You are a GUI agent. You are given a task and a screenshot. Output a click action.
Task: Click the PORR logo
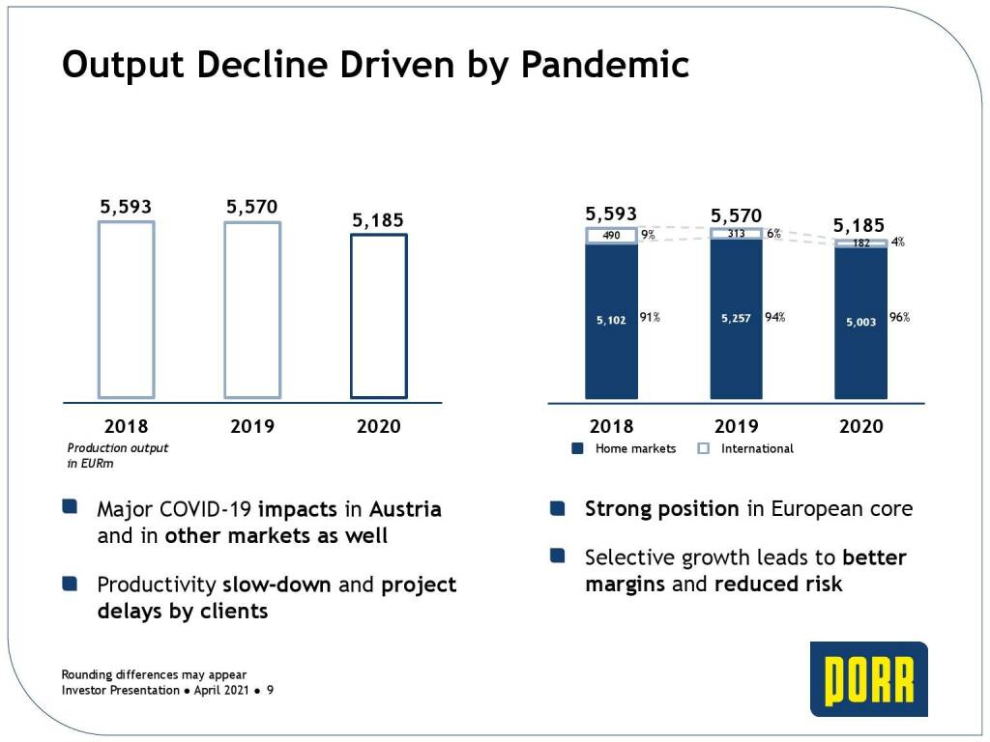tap(868, 679)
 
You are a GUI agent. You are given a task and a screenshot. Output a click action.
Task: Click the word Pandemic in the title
tap(605, 65)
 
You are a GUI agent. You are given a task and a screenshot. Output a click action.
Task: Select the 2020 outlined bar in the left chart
tap(378, 315)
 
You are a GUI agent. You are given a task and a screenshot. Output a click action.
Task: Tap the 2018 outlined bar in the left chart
tap(126, 309)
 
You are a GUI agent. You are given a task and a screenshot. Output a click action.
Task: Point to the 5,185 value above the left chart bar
tap(378, 220)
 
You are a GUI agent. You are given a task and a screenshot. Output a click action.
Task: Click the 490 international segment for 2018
tap(611, 235)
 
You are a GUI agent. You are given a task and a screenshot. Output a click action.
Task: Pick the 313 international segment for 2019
tap(737, 233)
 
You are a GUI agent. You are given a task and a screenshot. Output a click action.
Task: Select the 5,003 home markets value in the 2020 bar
tap(860, 322)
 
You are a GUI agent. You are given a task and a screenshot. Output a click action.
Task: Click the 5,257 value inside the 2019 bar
tap(737, 318)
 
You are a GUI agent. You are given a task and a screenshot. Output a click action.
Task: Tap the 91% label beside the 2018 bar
tap(650, 318)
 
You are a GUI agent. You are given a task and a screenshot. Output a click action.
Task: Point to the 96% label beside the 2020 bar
tap(899, 318)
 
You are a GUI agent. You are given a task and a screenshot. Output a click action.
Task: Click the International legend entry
tap(745, 448)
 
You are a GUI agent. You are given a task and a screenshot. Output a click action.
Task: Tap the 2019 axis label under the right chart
tap(737, 426)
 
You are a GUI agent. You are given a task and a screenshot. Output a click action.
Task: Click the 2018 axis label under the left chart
tap(126, 426)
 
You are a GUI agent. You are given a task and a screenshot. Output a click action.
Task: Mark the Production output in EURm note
tap(117, 455)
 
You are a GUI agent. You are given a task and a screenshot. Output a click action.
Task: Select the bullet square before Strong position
tap(557, 507)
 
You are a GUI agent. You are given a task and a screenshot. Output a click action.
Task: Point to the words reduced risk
tap(779, 585)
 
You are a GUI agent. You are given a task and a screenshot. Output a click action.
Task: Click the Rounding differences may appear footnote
tap(154, 674)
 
